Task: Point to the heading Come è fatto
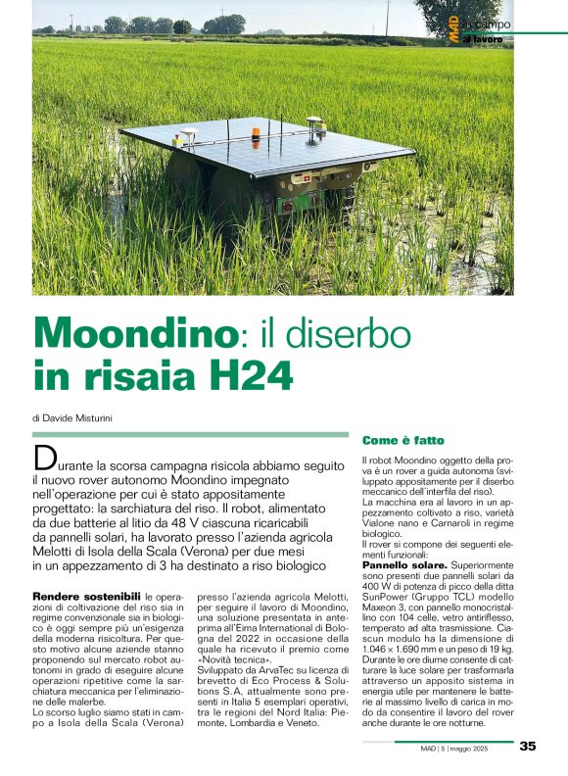tap(403, 441)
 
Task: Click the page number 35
tap(527, 746)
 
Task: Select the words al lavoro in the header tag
tap(482, 37)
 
